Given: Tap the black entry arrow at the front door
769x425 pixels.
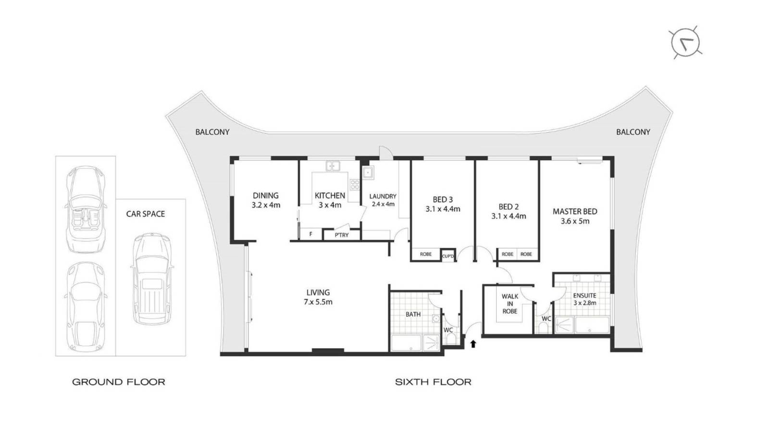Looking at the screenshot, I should point(473,343).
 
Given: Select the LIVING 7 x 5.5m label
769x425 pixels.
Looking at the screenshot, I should point(318,297).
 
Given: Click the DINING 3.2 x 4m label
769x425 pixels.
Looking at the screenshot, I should point(266,200).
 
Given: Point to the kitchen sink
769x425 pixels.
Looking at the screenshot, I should point(333,167).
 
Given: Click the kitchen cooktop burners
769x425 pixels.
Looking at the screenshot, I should point(355,184).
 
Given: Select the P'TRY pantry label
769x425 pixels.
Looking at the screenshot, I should point(342,235).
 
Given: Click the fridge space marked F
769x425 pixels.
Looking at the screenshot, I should point(311,234).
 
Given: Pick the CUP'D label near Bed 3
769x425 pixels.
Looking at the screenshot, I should point(447,256).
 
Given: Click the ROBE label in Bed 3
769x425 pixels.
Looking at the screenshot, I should point(426,254).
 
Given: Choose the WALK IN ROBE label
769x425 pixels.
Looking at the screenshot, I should point(509,304).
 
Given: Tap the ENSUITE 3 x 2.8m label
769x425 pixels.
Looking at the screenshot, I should point(584,299).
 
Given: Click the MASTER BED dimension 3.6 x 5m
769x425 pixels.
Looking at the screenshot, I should point(575,221).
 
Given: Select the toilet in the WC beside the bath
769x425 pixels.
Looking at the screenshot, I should point(450,339).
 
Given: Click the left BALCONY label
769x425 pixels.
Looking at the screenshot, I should point(212,132).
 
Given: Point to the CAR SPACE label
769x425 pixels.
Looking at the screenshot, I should point(145,214).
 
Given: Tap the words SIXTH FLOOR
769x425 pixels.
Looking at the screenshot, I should point(433,382).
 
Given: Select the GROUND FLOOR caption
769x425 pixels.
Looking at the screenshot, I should point(119,382).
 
